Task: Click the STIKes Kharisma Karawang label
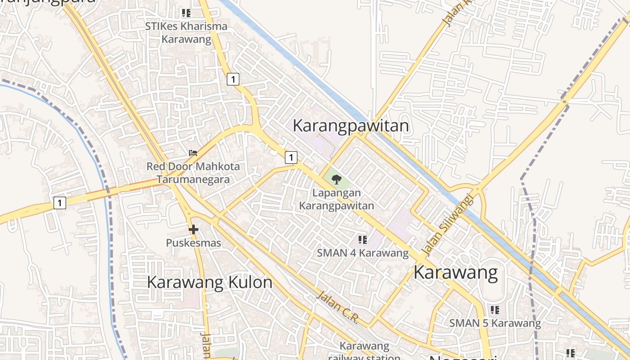186,32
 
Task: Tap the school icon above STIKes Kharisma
186,13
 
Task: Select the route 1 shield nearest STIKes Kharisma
233,79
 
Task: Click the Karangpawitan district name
351,126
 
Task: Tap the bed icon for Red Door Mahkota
193,153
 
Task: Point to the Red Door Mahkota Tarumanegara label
193,173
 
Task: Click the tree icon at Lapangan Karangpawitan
336,180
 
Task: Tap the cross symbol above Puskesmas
193,229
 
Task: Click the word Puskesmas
193,243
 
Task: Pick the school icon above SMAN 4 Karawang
362,240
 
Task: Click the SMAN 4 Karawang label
363,253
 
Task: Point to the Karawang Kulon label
210,282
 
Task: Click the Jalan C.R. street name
337,307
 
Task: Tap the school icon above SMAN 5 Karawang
495,310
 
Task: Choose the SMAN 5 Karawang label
495,323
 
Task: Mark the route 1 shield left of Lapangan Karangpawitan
291,157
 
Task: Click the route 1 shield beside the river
59,202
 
